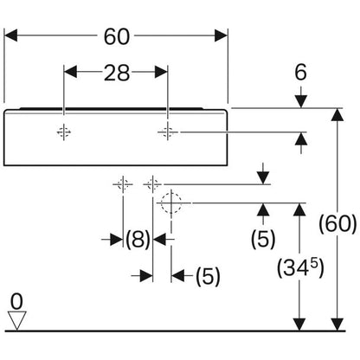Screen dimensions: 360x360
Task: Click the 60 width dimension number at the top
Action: coord(117,36)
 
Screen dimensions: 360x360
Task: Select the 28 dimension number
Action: coord(117,73)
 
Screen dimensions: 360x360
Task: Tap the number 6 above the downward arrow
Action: coord(300,72)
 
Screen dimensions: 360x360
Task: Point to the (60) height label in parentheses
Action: coord(337,223)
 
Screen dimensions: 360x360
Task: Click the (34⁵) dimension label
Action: coord(300,267)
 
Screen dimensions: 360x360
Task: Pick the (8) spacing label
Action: coord(138,239)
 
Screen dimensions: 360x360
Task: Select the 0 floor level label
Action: coord(16,302)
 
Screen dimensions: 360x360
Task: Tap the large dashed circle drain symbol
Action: coord(171,202)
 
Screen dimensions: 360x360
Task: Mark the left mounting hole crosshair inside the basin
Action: coord(64,132)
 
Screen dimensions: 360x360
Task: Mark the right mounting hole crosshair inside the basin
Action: coord(168,132)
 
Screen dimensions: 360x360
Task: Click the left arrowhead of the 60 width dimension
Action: coord(11,35)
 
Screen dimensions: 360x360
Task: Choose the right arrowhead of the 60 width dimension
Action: coord(221,35)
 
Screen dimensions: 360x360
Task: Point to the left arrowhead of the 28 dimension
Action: coord(70,72)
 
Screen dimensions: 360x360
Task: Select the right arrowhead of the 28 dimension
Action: coord(161,72)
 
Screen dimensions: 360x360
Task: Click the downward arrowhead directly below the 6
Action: coord(300,101)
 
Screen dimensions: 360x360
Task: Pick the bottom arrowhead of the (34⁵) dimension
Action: coord(299,324)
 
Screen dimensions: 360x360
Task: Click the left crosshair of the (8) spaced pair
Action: coord(123,183)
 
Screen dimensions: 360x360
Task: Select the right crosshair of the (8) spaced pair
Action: coord(152,183)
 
